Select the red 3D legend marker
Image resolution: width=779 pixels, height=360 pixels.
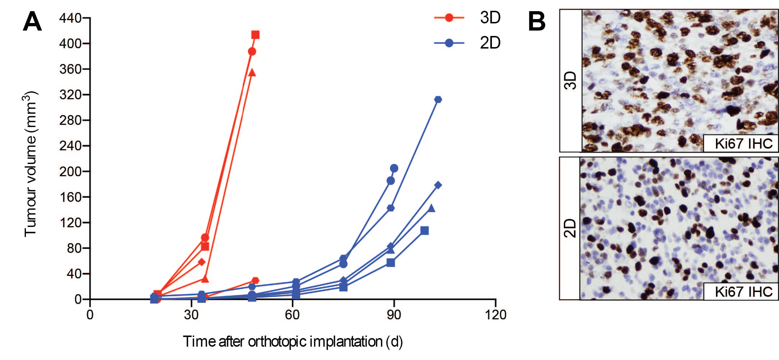tap(449, 17)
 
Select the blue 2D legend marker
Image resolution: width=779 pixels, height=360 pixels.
tap(449, 43)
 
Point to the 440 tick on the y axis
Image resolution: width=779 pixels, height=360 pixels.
tap(71, 18)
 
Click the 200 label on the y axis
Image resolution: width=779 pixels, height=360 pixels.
tap(71, 171)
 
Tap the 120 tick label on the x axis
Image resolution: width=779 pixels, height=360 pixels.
tap(495, 315)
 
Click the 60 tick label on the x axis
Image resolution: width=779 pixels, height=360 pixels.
tap(292, 315)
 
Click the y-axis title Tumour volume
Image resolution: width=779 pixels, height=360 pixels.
tap(31, 164)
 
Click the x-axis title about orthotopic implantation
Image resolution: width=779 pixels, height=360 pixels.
tap(293, 341)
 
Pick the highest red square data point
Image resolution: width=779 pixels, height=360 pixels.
tap(255, 35)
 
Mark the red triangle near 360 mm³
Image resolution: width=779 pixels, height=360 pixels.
tap(252, 73)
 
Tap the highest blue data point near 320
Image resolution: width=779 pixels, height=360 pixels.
tap(438, 99)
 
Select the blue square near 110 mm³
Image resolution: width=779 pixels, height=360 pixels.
tap(425, 231)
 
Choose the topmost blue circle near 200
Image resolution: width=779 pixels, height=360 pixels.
tap(394, 168)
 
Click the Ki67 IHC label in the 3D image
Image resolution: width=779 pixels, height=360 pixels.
tap(743, 144)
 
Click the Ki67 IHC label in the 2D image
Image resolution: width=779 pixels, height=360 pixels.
tap(743, 292)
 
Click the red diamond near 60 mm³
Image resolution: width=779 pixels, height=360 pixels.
tap(201, 262)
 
